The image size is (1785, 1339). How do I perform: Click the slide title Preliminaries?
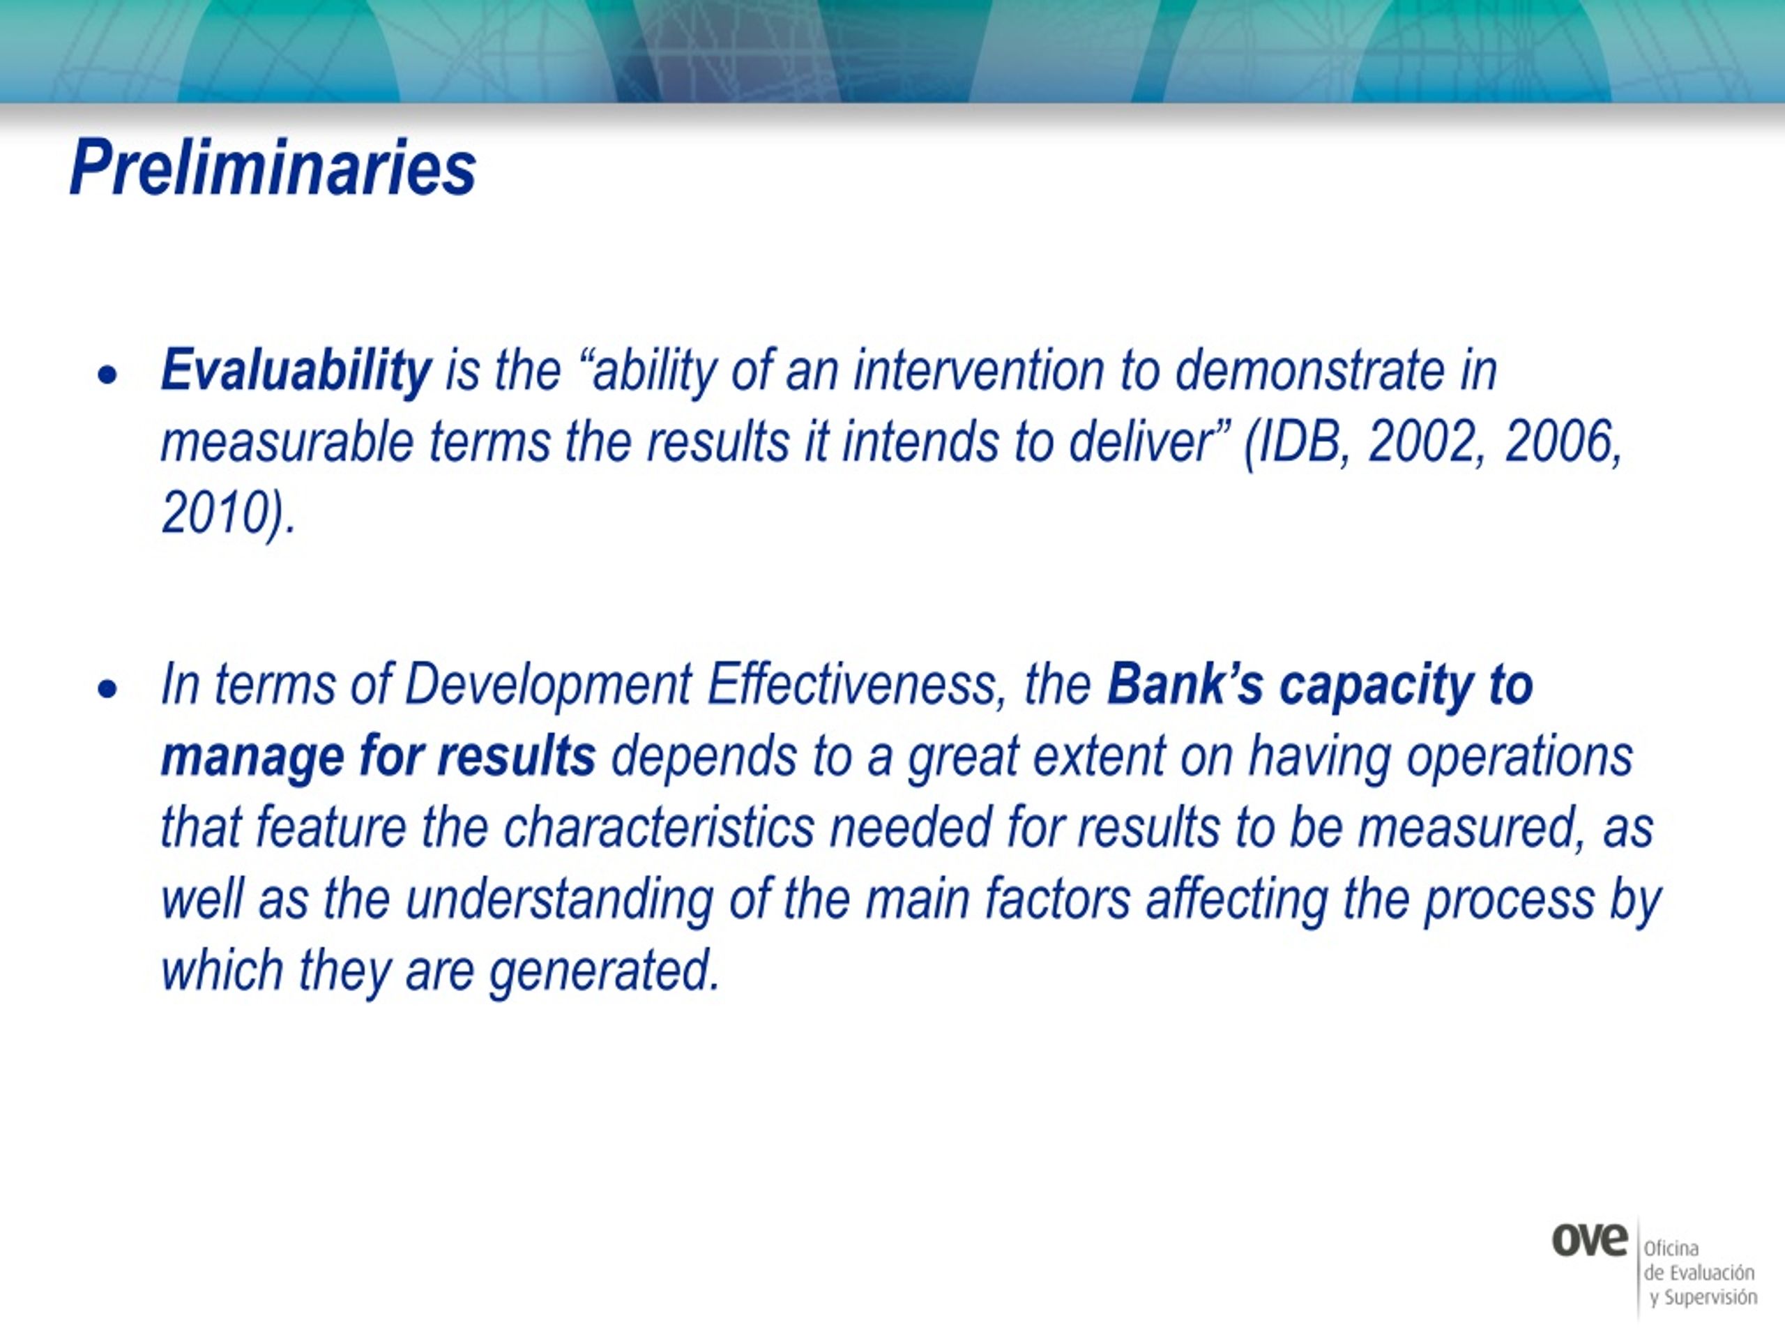click(x=273, y=168)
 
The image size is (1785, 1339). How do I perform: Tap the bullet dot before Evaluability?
click(x=107, y=375)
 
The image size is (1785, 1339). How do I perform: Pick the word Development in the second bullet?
click(x=547, y=686)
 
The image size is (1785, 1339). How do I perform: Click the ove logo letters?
click(x=1589, y=1241)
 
